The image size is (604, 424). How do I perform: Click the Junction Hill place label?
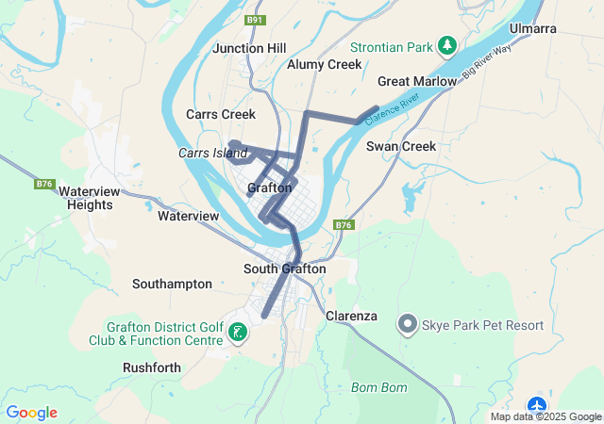click(249, 48)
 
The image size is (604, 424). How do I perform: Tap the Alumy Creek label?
click(324, 65)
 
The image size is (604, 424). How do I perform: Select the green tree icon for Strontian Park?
click(448, 46)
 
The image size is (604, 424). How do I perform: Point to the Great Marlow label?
click(416, 82)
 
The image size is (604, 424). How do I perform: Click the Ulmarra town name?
click(532, 29)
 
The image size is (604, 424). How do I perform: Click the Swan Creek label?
click(401, 146)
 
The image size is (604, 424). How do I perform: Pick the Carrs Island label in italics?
click(212, 153)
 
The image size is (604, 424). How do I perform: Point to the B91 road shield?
click(254, 20)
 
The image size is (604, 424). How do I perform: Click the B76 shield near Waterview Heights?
click(44, 184)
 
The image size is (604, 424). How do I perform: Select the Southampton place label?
click(172, 284)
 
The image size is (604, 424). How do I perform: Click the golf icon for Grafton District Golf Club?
click(238, 331)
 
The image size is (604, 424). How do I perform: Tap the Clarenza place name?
click(351, 316)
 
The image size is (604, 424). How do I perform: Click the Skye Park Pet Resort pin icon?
click(408, 325)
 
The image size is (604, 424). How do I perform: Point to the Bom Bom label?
click(377, 387)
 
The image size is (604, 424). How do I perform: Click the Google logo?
click(31, 413)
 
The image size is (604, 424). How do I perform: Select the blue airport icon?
click(538, 406)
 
